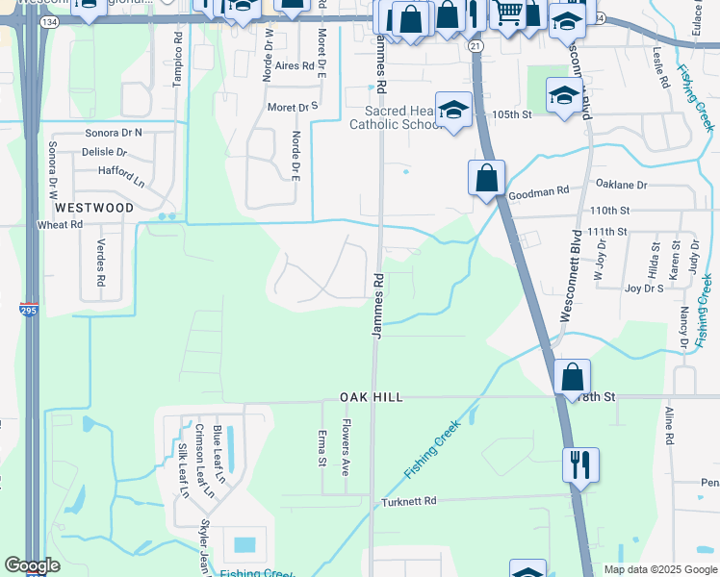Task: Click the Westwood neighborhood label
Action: click(x=94, y=208)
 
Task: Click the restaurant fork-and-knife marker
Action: click(x=580, y=464)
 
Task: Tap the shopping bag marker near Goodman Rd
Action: click(x=487, y=177)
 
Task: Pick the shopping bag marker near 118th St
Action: click(x=573, y=375)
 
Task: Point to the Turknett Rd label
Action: click(x=408, y=501)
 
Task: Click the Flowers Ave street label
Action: click(x=346, y=447)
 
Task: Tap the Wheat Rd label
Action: click(x=60, y=224)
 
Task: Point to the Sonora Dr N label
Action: click(x=113, y=132)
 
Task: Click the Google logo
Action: click(x=32, y=565)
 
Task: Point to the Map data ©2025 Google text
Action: click(x=659, y=569)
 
